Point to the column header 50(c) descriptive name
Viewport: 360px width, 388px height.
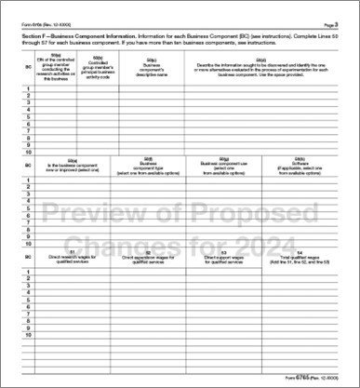point(152,68)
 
